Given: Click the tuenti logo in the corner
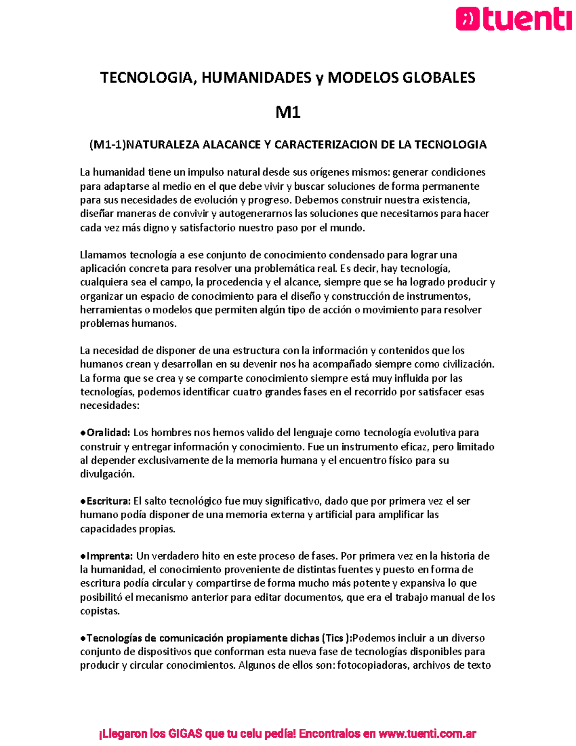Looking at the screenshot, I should (514, 20).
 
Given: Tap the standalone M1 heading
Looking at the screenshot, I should (288, 112).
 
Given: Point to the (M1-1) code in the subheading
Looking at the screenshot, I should (107, 145).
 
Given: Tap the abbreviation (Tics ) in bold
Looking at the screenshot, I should (336, 638).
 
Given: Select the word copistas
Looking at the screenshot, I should (99, 611).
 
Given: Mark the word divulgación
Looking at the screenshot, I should (107, 474).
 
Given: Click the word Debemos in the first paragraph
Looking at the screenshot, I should (317, 200).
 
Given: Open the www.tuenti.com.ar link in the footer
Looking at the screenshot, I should (427, 734).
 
